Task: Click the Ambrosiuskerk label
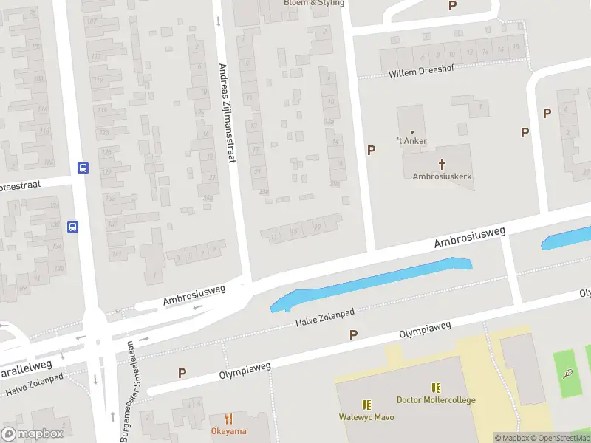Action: [442, 177]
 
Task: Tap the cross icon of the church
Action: [443, 163]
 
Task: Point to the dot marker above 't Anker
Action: [412, 132]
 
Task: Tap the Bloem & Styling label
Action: [314, 3]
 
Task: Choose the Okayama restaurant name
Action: [228, 431]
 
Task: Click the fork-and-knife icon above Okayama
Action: [228, 418]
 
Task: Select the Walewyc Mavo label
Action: [366, 417]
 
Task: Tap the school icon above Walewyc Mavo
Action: [366, 404]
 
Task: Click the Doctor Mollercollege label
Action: [436, 400]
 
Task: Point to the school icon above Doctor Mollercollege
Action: [436, 387]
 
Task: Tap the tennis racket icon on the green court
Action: [567, 373]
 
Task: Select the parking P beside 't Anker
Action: [371, 150]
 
